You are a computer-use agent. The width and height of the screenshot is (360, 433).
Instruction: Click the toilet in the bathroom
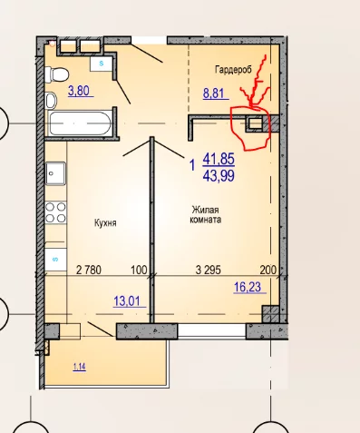[56, 74]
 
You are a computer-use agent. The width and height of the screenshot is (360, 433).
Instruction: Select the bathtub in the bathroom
[79, 123]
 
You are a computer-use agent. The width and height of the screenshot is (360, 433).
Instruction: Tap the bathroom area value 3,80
[79, 91]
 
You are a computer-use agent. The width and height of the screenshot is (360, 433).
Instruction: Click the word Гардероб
[233, 70]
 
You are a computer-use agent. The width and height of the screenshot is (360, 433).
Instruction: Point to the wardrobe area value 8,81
[214, 93]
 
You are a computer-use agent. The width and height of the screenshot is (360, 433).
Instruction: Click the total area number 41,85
[219, 159]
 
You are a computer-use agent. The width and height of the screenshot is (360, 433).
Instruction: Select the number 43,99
[219, 176]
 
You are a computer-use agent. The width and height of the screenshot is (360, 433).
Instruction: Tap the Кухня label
[105, 223]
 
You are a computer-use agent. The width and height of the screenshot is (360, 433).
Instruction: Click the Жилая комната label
[206, 214]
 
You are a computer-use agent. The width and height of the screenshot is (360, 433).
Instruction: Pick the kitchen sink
[55, 173]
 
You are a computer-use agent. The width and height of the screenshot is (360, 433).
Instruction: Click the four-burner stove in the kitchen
[55, 212]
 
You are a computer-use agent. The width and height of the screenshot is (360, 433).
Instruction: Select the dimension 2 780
[89, 270]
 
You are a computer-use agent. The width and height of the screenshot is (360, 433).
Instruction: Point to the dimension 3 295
[209, 270]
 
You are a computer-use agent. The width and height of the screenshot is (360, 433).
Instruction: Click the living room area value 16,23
[248, 287]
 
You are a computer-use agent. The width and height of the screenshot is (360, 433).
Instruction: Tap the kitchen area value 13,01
[127, 301]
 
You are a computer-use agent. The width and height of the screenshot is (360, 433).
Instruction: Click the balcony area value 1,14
[80, 367]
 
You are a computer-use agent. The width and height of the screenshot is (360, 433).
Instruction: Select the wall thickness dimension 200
[268, 270]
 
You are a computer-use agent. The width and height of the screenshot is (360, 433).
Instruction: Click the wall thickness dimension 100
[139, 270]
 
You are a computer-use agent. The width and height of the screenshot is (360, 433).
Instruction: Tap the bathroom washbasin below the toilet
[51, 100]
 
